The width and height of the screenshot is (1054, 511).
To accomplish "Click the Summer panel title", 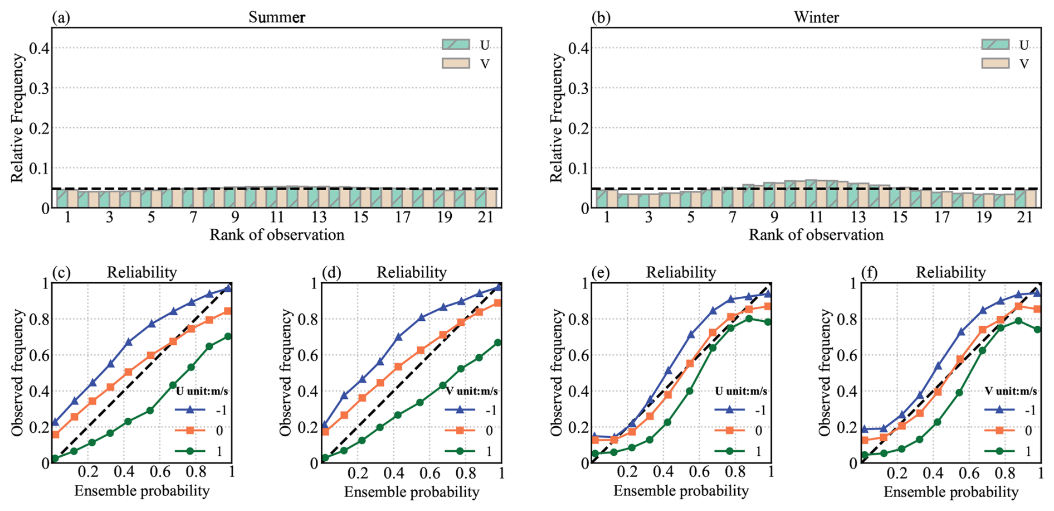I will coord(276,17).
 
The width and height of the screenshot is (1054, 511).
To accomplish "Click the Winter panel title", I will coord(816,17).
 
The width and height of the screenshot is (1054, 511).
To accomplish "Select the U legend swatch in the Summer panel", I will coord(456,45).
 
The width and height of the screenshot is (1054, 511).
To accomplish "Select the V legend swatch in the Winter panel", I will coord(995,63).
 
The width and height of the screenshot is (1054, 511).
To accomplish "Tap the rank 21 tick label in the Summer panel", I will coord(486,218).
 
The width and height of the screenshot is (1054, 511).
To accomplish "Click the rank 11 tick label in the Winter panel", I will coord(816,218).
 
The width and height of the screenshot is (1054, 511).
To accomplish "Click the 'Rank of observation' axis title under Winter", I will coord(816,235).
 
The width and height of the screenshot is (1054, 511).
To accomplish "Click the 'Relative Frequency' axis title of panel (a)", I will coord(17,118).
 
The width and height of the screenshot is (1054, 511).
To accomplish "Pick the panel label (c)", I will coord(61,272).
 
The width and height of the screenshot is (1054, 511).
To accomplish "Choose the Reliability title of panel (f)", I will coord(950,272).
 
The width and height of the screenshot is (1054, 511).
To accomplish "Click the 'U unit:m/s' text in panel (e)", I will coord(741,391).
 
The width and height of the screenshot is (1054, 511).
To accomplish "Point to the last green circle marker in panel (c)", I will coord(228,336).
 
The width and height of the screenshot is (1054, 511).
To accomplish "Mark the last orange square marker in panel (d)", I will coord(497,303).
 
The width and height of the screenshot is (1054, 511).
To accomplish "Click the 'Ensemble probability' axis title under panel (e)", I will coord(681,491).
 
